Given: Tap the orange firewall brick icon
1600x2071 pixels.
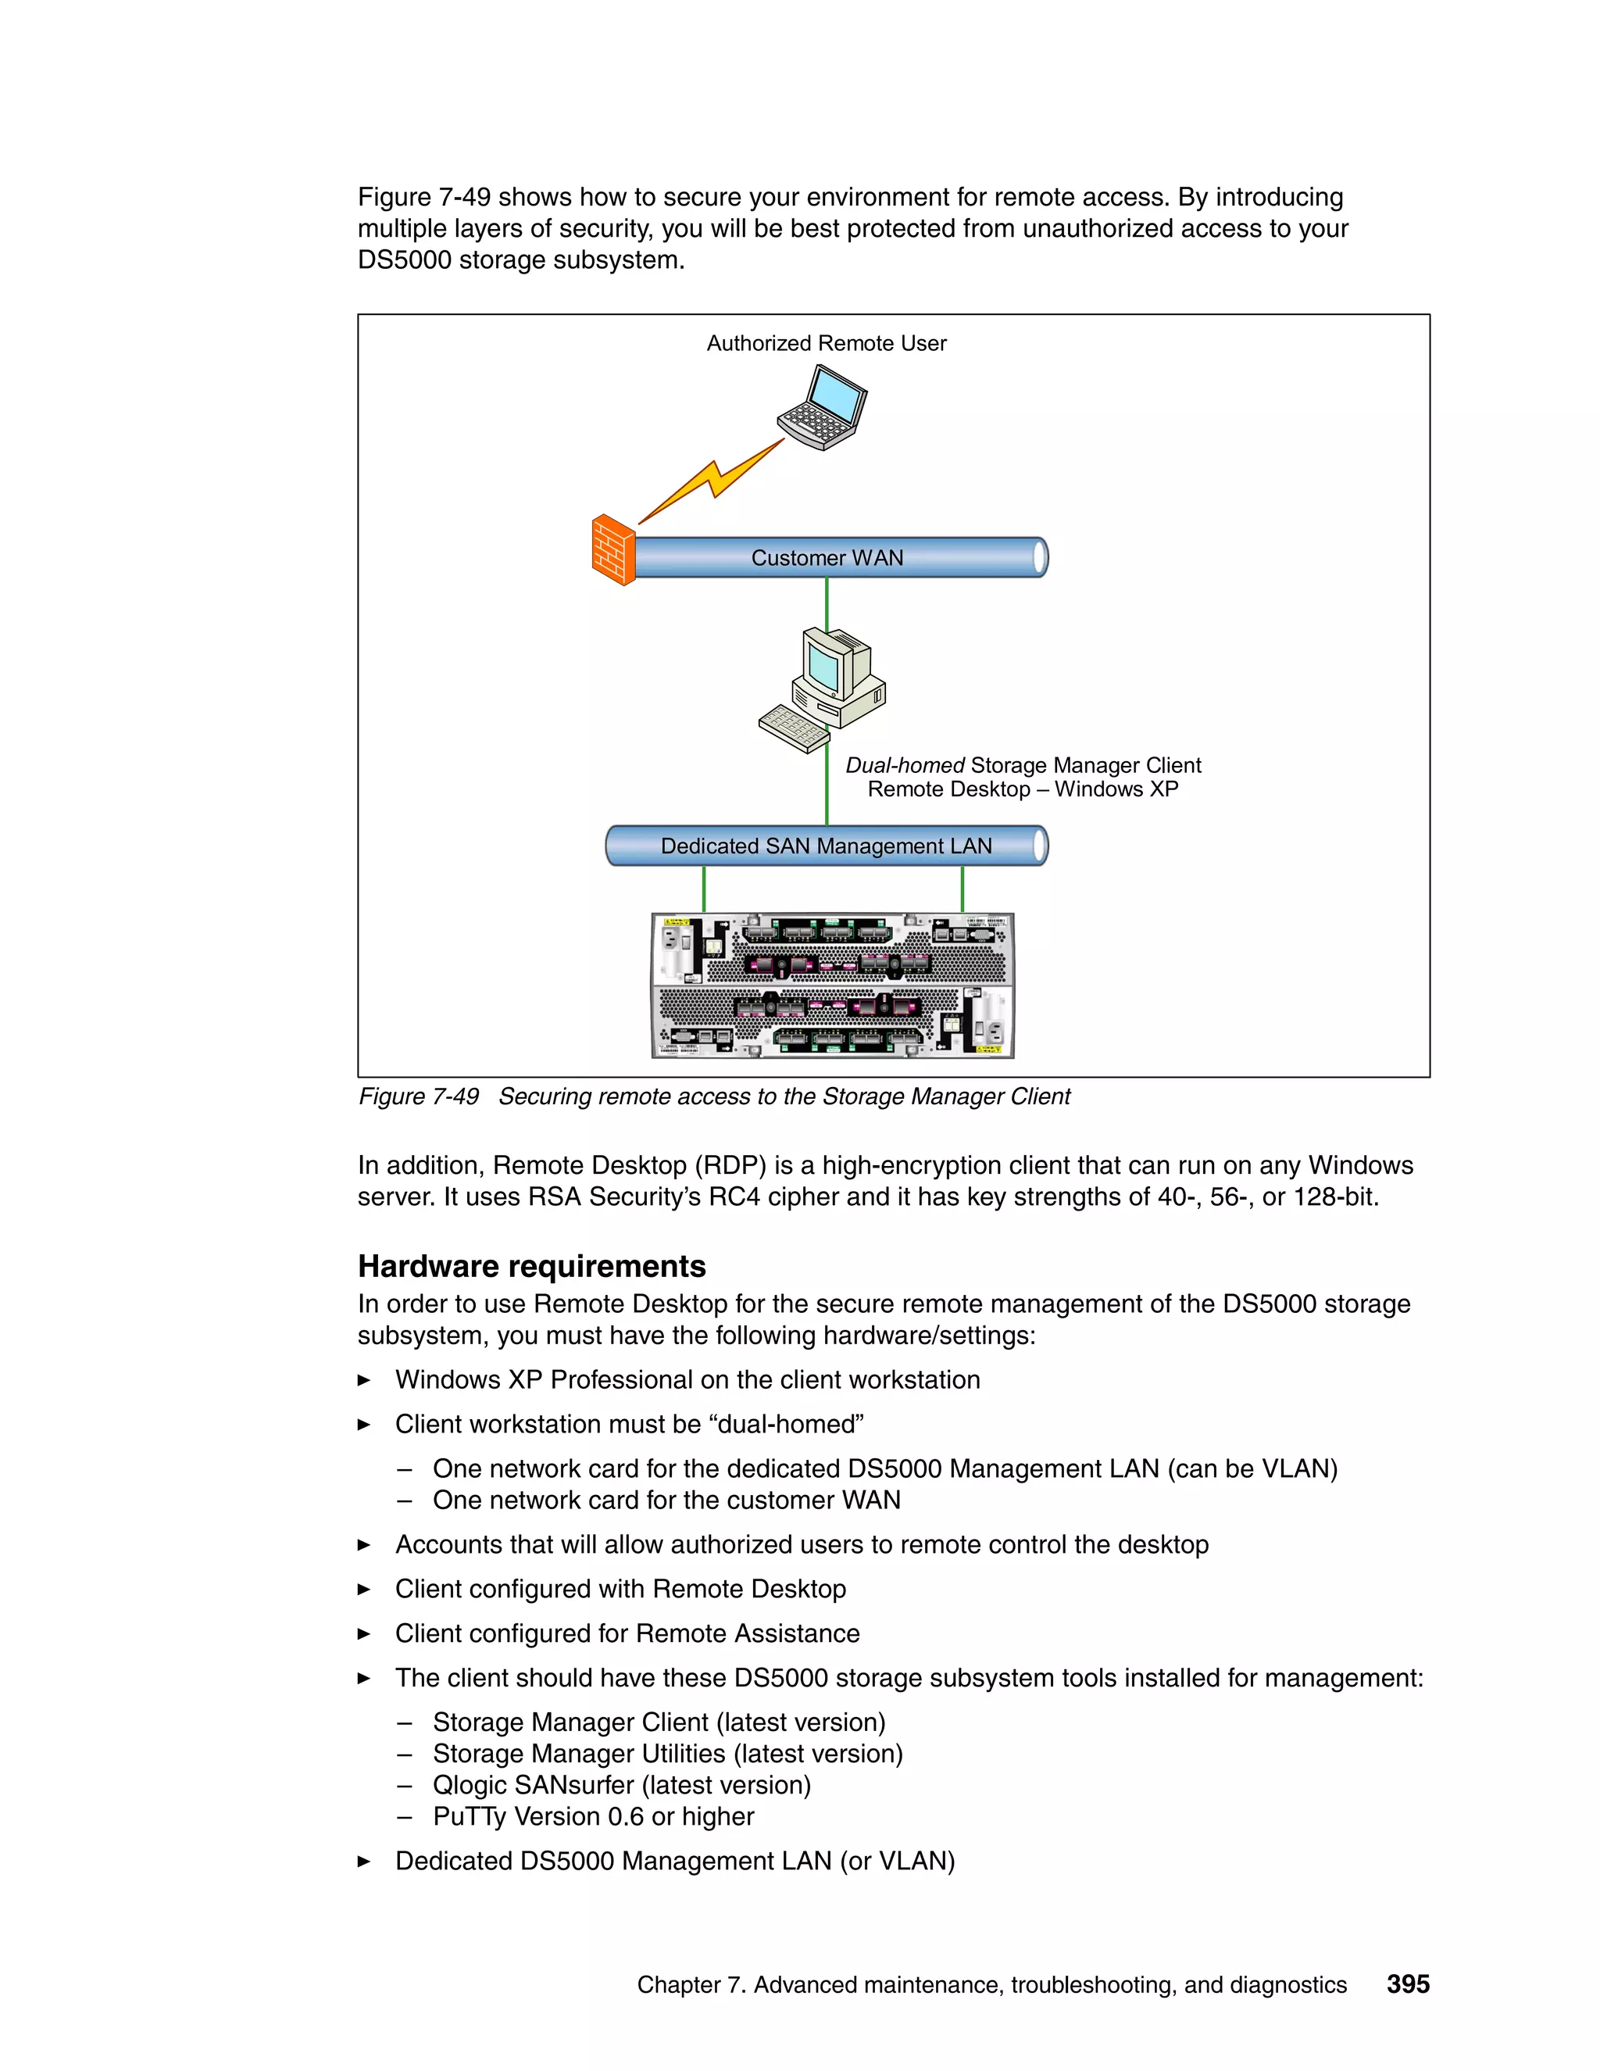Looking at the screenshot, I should click(x=612, y=551).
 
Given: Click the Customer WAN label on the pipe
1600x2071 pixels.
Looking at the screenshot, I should click(x=827, y=559).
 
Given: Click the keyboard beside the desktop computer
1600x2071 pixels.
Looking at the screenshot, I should click(x=795, y=728).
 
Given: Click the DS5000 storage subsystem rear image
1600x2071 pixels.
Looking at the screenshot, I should click(x=832, y=985).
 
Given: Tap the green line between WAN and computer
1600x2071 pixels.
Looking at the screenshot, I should click(x=827, y=603).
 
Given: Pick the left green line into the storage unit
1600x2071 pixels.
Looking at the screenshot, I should click(x=703, y=889).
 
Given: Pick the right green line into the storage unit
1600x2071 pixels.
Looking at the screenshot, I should click(x=962, y=889).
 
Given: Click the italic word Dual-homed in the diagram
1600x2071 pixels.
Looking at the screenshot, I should click(x=904, y=765).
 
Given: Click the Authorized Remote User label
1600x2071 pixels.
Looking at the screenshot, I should click(x=827, y=343).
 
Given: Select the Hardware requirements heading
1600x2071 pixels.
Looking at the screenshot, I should click(x=532, y=1267).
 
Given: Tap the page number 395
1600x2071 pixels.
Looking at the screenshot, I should click(x=1408, y=1983).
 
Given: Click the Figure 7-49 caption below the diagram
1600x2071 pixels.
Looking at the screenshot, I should click(x=714, y=1097).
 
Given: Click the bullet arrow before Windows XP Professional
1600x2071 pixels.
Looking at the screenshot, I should click(x=364, y=1381).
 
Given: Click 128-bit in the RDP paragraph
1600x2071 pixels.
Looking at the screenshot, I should click(x=1334, y=1197).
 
